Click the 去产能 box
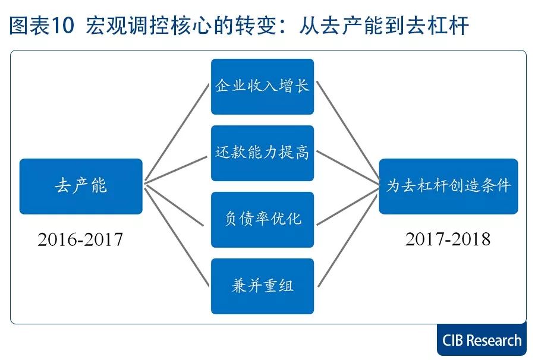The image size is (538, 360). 81,186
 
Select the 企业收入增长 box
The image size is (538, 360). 262,86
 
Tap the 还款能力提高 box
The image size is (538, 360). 262,153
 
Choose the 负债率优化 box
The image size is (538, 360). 262,219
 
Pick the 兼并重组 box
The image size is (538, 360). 262,286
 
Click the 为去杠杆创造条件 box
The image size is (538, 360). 448,186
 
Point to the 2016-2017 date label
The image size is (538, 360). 80,239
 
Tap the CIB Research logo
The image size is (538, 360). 482,340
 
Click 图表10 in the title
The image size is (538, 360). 42,26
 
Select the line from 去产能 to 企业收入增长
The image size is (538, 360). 178,131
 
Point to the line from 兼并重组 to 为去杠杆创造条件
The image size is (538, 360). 348,238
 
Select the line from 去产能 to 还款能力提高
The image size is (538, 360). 178,166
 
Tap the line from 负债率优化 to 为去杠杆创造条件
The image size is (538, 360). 348,205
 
